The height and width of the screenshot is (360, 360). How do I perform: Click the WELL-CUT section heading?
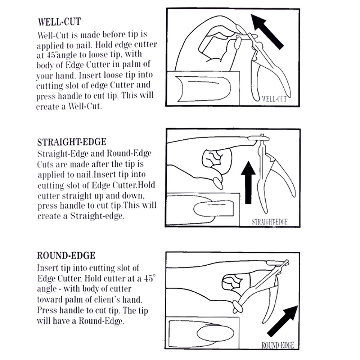coord(59,22)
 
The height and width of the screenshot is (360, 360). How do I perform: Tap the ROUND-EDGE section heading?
coord(66,256)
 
